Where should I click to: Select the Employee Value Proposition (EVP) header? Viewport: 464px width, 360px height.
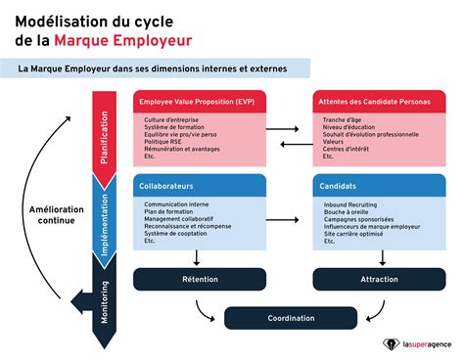pos(197,101)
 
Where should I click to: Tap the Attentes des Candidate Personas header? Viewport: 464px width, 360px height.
pos(374,101)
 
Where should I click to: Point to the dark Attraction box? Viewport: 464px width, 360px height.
pos(374,279)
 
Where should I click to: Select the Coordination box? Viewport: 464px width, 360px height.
pos(291,318)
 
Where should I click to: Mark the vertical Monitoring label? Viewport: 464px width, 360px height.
pos(105,293)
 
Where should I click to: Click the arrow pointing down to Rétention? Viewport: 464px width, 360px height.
pos(197,256)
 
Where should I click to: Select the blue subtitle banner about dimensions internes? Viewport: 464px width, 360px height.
pos(157,68)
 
